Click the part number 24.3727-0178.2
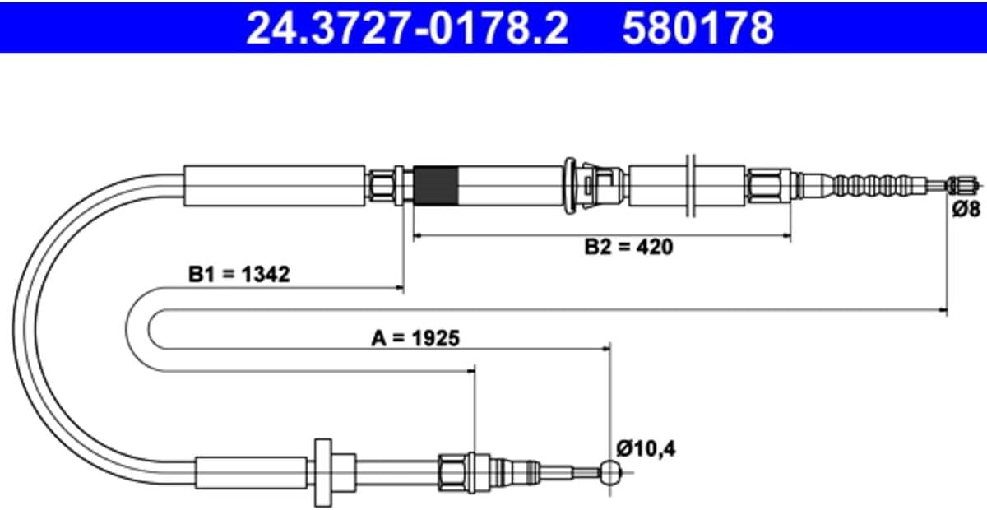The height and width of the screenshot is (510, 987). (x=408, y=27)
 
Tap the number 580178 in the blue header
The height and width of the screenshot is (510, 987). (x=698, y=27)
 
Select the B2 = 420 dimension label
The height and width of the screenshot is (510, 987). (x=628, y=247)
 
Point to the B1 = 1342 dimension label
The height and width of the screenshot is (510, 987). (x=239, y=274)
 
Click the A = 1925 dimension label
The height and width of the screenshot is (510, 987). (x=415, y=339)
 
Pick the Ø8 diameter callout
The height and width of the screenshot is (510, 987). (x=966, y=208)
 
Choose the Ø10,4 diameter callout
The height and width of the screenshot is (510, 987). (x=646, y=449)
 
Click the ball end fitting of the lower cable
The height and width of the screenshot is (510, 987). (x=610, y=472)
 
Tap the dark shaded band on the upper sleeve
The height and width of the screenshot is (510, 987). (x=436, y=186)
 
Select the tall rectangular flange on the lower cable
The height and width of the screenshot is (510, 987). (x=323, y=472)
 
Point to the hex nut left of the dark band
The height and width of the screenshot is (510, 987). (x=382, y=186)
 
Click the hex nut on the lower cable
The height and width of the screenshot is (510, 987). (x=452, y=472)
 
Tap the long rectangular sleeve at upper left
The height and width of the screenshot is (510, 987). (x=274, y=186)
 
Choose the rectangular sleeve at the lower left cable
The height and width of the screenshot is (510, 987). (x=252, y=472)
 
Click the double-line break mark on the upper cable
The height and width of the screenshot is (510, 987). (x=691, y=186)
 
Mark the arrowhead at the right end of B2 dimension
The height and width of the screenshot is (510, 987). (x=786, y=236)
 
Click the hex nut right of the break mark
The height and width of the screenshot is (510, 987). (x=768, y=186)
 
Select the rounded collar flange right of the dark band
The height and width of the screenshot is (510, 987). (x=570, y=186)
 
